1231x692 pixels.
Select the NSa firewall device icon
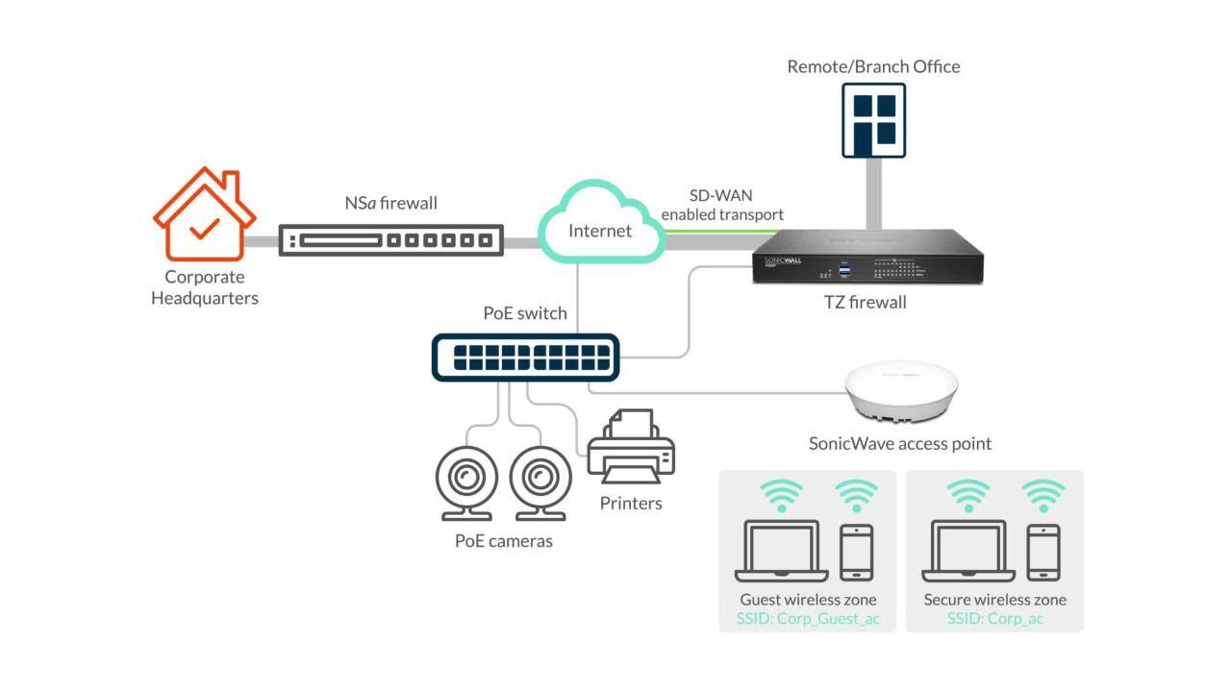[390, 239]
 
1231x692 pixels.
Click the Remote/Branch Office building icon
[873, 120]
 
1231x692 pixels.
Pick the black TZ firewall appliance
[867, 257]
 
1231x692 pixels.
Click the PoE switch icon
[525, 358]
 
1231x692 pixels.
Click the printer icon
[631, 449]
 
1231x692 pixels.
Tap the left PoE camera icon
[466, 477]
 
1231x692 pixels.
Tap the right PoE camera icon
[540, 477]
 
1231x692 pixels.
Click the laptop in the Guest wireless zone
[781, 552]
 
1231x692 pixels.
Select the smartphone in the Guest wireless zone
[856, 552]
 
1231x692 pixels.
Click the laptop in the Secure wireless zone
[968, 552]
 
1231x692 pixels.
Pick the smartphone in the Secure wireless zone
[1043, 552]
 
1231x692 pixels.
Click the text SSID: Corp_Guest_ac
[808, 619]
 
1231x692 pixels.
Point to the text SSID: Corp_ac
[994, 619]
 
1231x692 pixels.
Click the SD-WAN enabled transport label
[721, 206]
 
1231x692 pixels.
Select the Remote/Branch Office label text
[873, 66]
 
